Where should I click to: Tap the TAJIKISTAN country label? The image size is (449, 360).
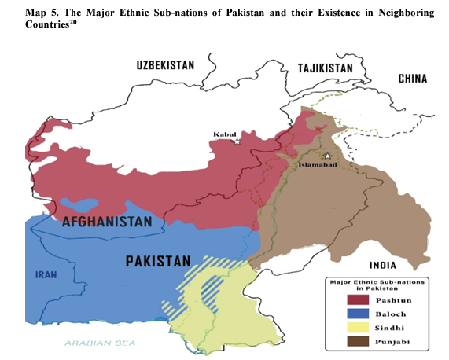[x=326, y=68]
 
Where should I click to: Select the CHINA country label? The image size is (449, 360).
[x=412, y=78]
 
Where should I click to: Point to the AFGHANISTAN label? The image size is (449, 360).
[x=107, y=222]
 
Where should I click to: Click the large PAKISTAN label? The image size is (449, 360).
[x=158, y=260]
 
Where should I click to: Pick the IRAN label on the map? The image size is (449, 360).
[x=45, y=275]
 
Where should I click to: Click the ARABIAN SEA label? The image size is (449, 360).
[x=100, y=343]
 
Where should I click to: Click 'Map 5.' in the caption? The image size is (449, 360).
[x=40, y=13]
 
